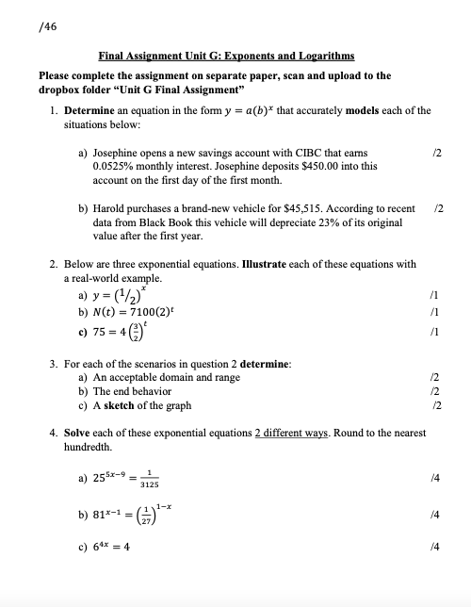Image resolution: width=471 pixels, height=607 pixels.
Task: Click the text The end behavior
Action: pyautogui.click(x=131, y=391)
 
